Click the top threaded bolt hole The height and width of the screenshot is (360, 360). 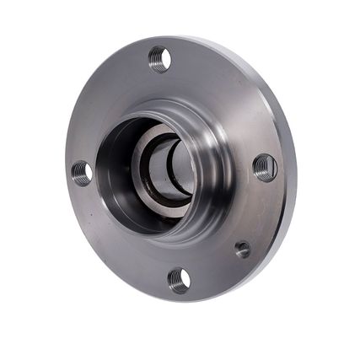(160, 58)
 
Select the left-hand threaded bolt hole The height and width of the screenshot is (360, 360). (82, 173)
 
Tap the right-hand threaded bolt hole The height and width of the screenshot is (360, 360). (265, 167)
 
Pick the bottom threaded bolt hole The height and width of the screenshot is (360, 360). (179, 280)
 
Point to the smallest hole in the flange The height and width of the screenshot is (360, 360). (243, 249)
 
